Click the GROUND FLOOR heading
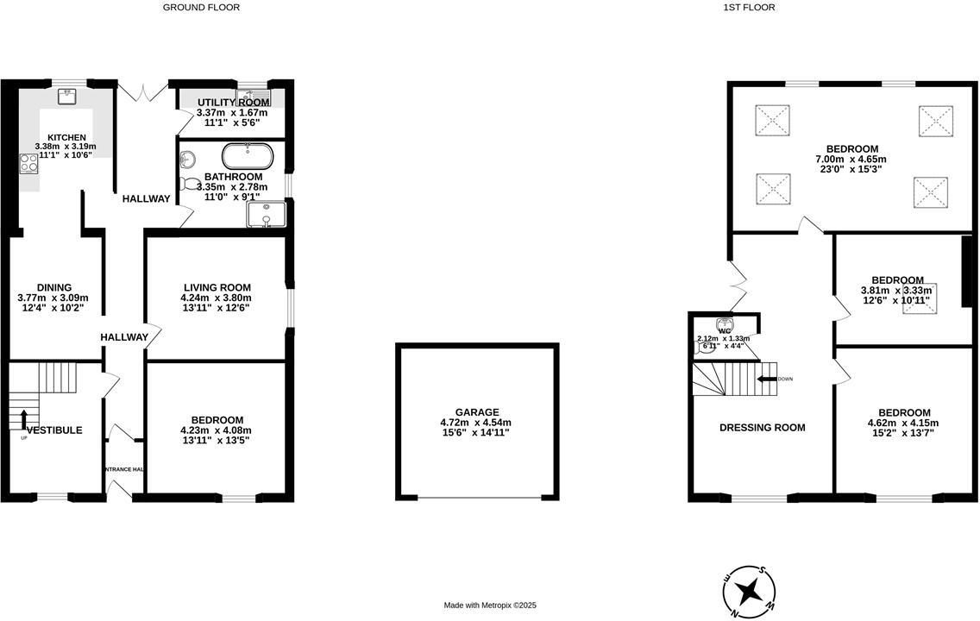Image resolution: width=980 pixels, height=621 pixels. [x=201, y=7]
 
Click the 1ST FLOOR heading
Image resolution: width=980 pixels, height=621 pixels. [x=749, y=7]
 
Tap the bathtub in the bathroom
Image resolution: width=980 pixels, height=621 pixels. [x=248, y=157]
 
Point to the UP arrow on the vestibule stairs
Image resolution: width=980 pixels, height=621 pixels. [x=23, y=419]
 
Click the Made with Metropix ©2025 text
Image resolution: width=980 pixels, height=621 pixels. [x=490, y=605]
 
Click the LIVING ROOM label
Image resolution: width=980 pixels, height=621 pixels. [x=217, y=288]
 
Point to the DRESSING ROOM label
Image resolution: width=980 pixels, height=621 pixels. [x=763, y=428]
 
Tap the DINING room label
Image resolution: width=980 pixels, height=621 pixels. [x=53, y=288]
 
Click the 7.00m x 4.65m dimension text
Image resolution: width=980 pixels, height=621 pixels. [x=851, y=160]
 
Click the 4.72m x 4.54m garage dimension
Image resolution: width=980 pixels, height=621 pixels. [x=475, y=423]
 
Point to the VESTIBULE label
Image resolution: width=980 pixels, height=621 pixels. [x=54, y=430]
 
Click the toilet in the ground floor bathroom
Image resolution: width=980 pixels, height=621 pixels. [x=192, y=183]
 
